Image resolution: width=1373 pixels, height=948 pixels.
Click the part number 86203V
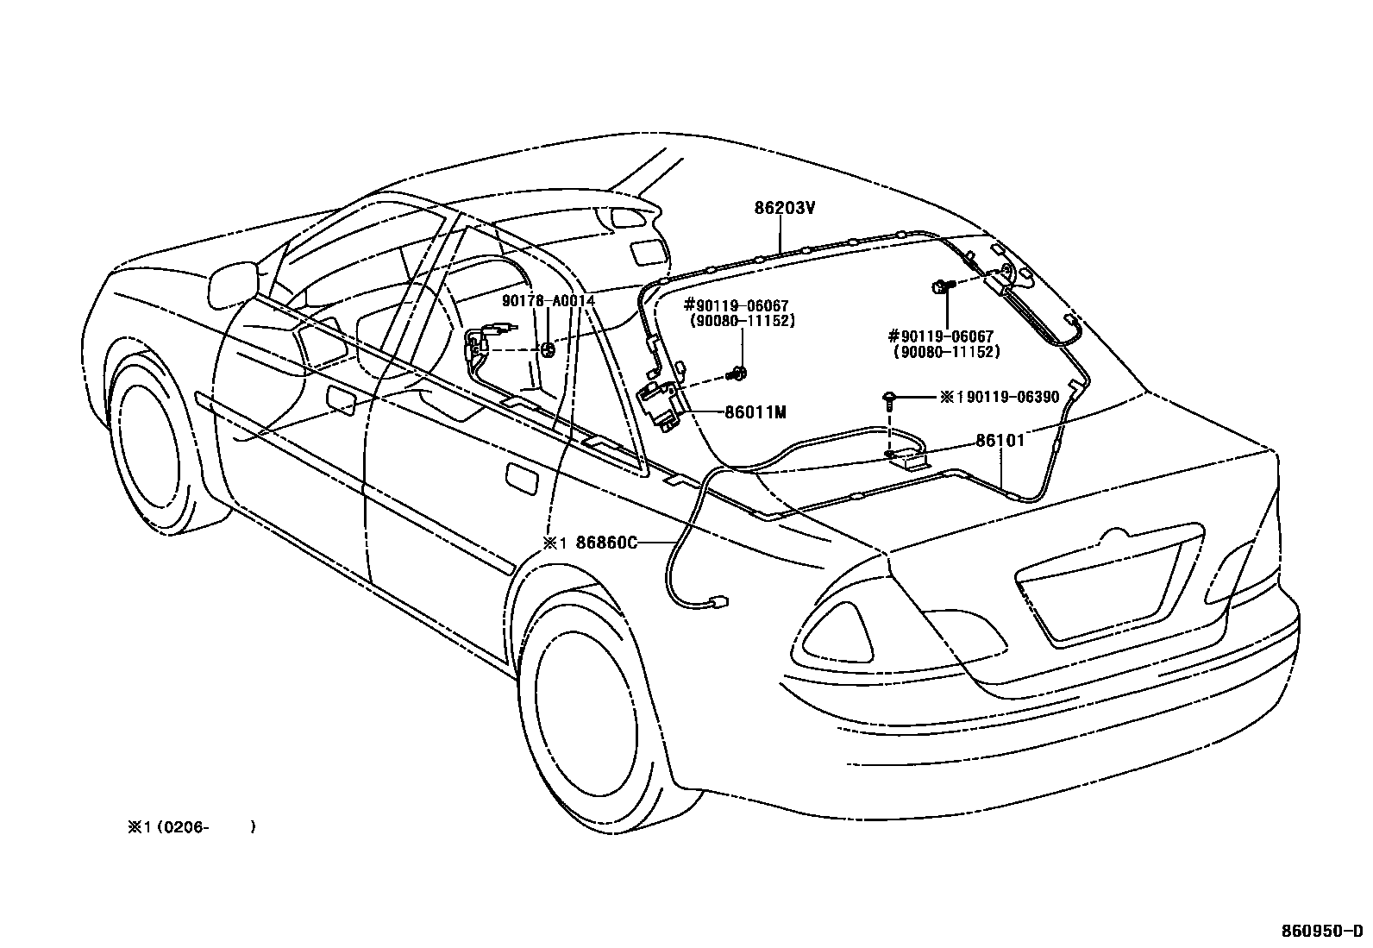(x=785, y=208)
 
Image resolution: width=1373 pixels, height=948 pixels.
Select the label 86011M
(x=755, y=412)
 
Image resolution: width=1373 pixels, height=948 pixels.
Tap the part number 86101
(x=1000, y=441)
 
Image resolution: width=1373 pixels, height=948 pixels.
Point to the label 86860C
(x=605, y=543)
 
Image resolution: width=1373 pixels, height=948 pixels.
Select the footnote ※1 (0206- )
(x=191, y=827)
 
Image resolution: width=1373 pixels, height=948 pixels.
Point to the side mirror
(x=233, y=280)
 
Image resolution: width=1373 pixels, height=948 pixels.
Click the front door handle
(x=342, y=402)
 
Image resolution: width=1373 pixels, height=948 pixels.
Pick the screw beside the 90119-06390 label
(x=888, y=398)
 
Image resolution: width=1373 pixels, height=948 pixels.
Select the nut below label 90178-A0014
(x=548, y=349)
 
